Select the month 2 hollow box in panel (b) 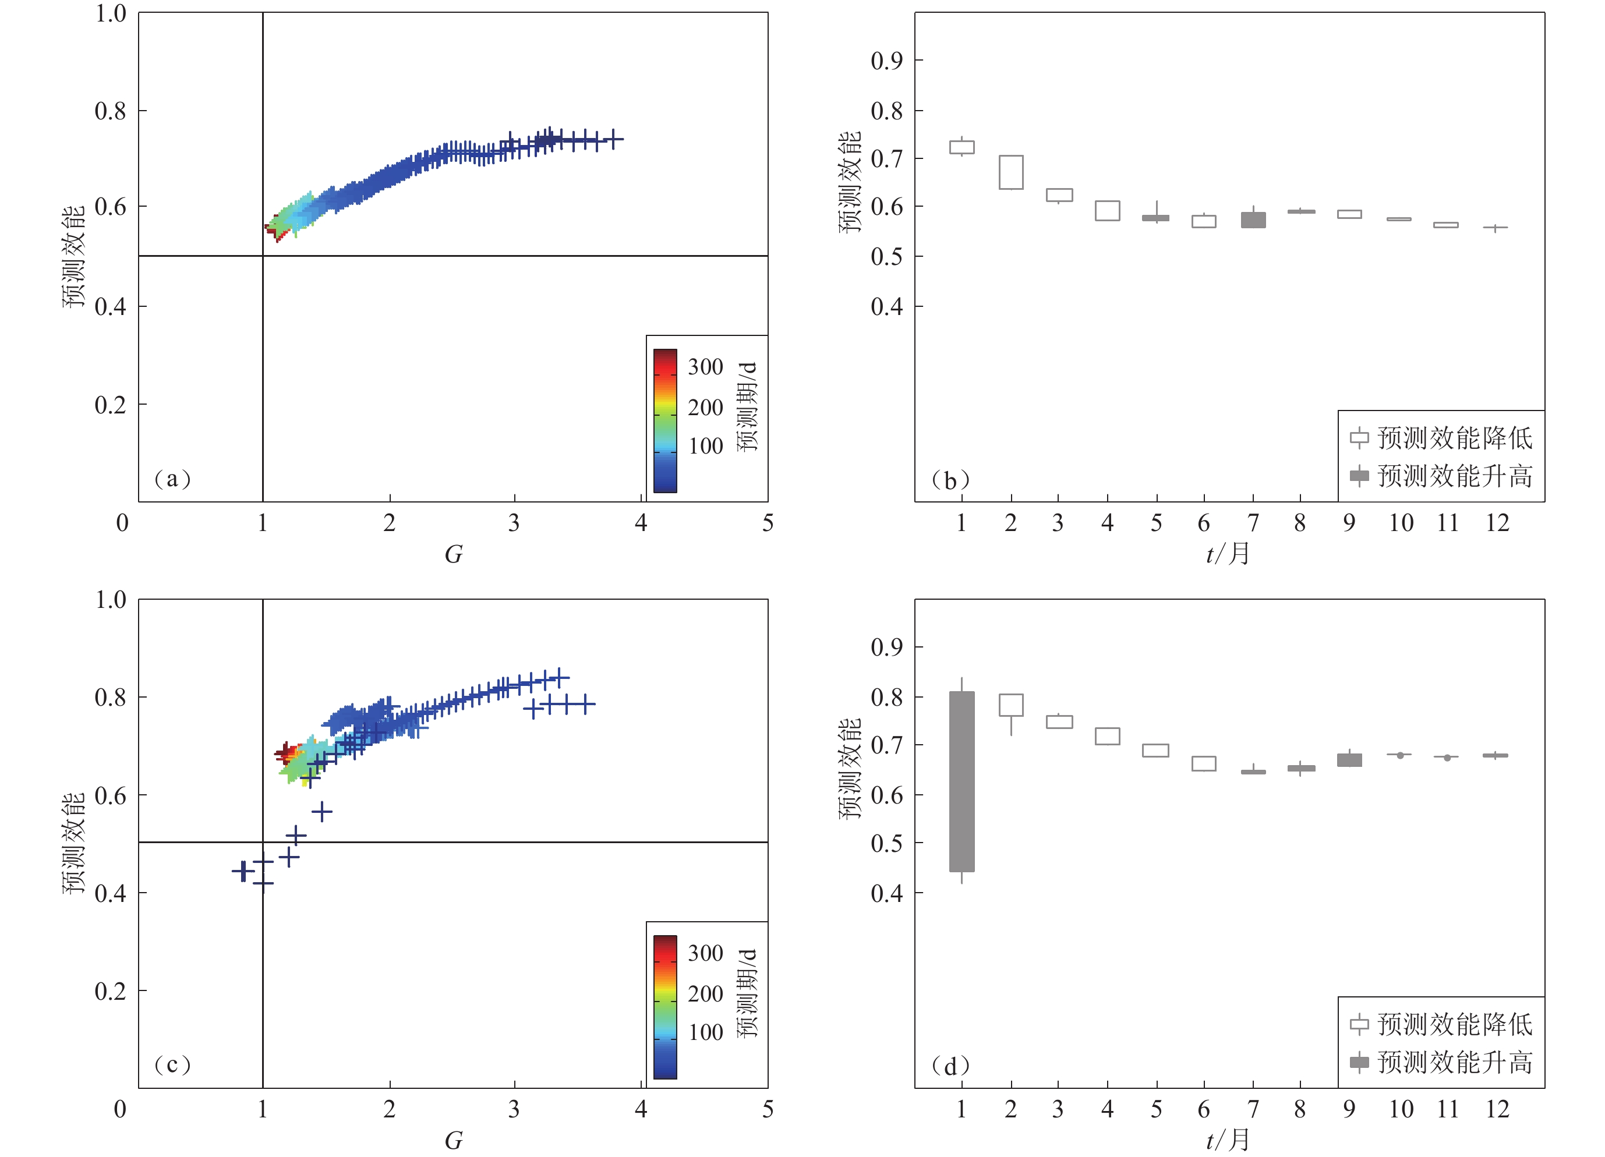pos(1010,172)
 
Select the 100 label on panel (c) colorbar pos(706,1032)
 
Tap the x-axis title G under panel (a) pos(453,554)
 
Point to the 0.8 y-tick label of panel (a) pos(111,111)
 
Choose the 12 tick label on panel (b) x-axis pos(1497,523)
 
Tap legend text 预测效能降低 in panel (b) pos(1454,438)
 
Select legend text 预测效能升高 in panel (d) pos(1454,1062)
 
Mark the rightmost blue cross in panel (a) pos(614,139)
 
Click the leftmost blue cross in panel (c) pos(243,871)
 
